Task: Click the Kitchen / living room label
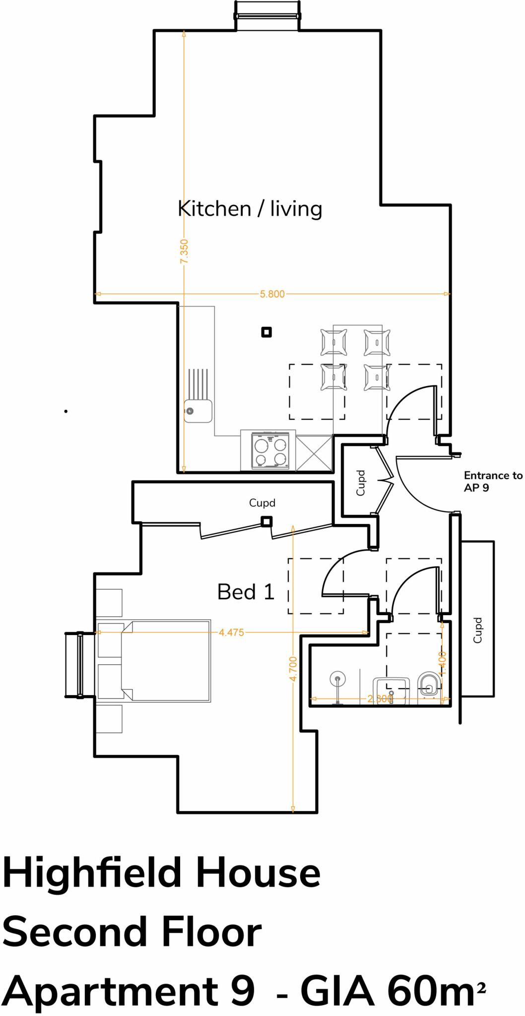(250, 209)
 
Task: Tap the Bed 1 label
(246, 592)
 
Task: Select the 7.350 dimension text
(184, 252)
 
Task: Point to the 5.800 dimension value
(272, 294)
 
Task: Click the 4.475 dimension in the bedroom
(231, 633)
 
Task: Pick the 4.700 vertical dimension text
(293, 669)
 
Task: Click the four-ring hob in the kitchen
(270, 450)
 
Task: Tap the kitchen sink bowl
(197, 411)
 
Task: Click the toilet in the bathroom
(428, 685)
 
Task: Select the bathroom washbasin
(392, 687)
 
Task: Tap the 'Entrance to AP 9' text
(492, 482)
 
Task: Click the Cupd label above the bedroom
(262, 503)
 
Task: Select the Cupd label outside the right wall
(477, 631)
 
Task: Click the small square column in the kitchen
(266, 332)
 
